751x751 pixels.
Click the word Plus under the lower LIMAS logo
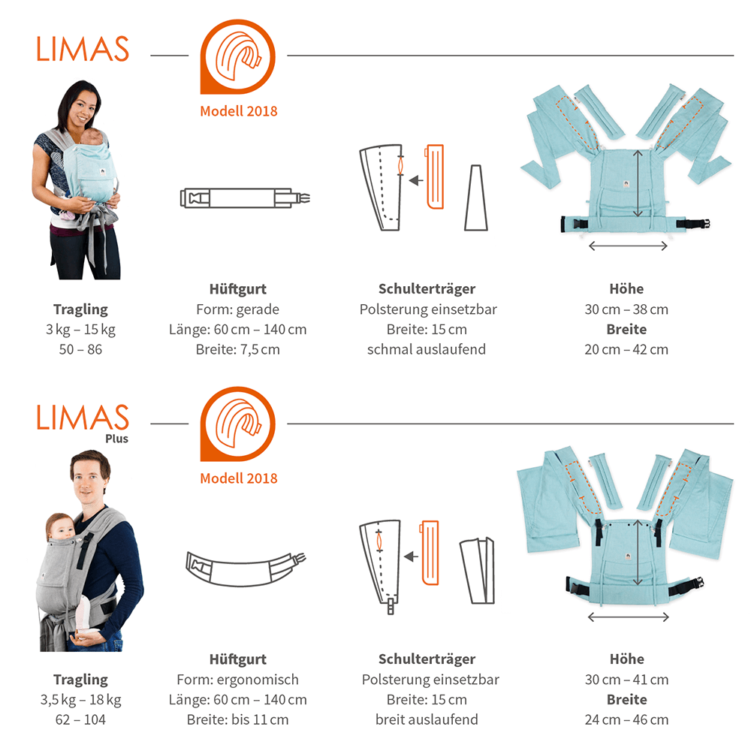pos(117,439)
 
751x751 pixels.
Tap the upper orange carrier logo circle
pos(237,56)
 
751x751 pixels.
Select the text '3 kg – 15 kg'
pos(80,330)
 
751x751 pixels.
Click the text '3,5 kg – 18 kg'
pos(80,700)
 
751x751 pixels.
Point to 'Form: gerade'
pos(237,309)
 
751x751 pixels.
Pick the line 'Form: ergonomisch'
pos(237,680)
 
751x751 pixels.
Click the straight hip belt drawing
pos(245,198)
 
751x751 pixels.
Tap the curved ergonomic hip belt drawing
pos(246,569)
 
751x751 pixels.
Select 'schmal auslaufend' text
pos(427,349)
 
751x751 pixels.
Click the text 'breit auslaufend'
pos(427,719)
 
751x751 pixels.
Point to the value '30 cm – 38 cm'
pos(626,309)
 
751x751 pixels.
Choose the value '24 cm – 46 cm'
pos(626,719)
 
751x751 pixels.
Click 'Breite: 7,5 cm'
pos(237,350)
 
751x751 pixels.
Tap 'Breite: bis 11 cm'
pos(237,719)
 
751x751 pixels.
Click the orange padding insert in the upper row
pos(434,176)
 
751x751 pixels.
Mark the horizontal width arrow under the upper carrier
pos(628,246)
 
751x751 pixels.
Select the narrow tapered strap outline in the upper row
pos(475,198)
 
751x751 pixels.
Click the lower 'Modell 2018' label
pos(239,478)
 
